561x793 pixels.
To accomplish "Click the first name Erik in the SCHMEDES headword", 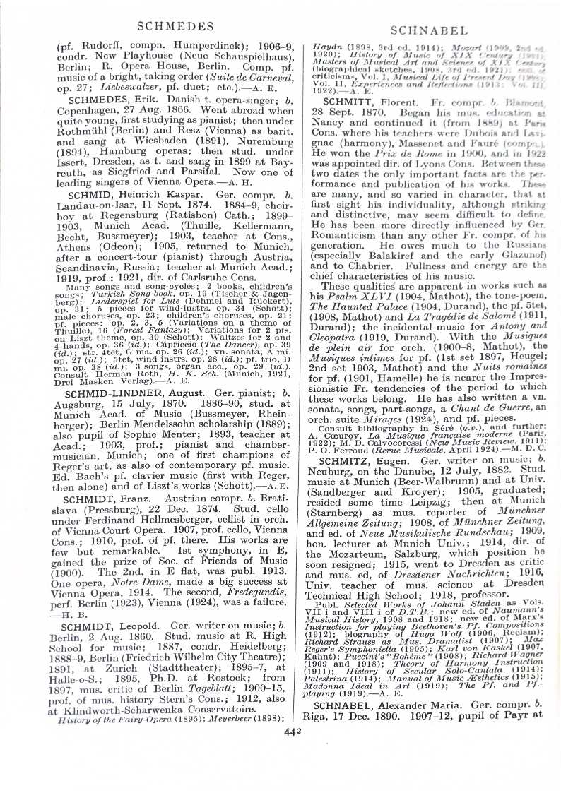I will coord(156,100).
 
